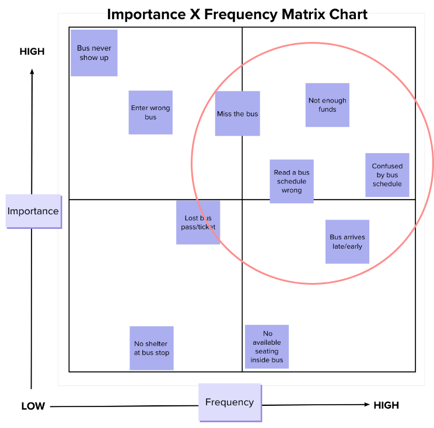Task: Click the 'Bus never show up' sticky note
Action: tap(94, 53)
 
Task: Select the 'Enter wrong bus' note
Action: tap(150, 112)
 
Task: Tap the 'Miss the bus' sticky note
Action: tap(237, 114)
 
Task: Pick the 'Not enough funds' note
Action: tap(327, 105)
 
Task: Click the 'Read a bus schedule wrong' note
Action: tap(292, 181)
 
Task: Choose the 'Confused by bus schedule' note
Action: tap(387, 175)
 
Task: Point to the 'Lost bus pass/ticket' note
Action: tap(198, 222)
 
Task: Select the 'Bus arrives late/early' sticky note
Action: tap(347, 242)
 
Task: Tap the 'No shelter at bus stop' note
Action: tap(152, 348)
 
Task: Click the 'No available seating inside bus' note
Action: tap(267, 347)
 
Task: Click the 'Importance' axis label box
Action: tap(33, 211)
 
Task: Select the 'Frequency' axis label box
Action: tap(229, 402)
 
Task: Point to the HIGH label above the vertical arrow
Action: tap(32, 52)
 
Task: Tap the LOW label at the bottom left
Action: tap(33, 406)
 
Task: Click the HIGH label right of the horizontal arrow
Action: tap(386, 405)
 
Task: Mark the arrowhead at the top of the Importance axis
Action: tap(32, 72)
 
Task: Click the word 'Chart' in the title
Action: tap(347, 14)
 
